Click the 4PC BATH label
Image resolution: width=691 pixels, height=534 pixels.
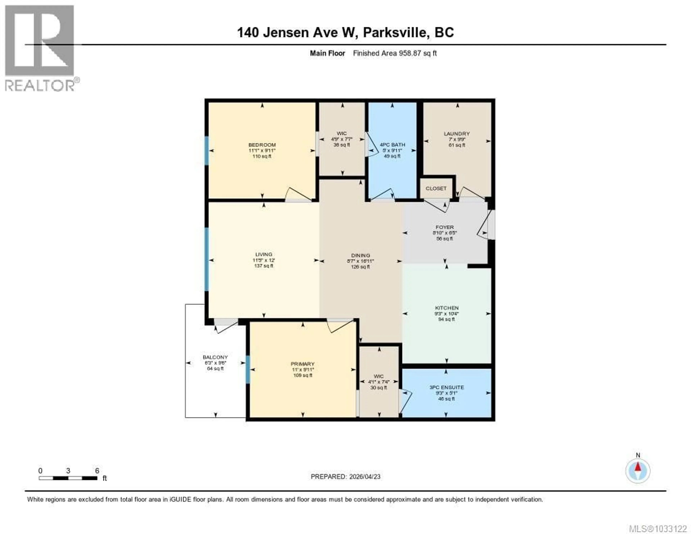point(392,145)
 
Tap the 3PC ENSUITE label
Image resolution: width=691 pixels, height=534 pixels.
point(446,387)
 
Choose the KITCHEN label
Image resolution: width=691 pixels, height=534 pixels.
point(446,308)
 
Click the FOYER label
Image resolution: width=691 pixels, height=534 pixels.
point(444,227)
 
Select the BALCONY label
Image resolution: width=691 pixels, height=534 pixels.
point(215,357)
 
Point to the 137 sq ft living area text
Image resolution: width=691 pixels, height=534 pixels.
point(264,266)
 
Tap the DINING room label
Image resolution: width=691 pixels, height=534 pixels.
point(360,255)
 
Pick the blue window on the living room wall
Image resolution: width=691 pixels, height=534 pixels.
point(207,259)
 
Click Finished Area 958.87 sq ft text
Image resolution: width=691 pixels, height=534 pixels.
point(395,53)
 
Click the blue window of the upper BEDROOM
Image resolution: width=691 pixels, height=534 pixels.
point(207,151)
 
